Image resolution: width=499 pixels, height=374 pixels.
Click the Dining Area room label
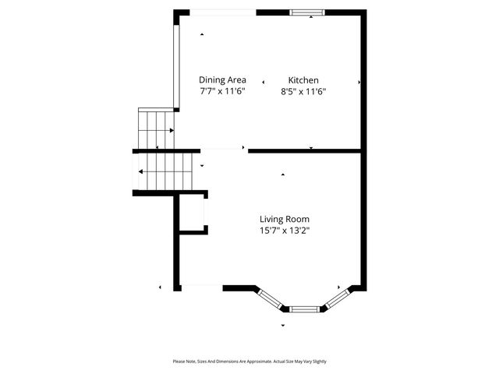[x=222, y=80]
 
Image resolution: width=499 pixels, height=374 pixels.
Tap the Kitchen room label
[x=303, y=80]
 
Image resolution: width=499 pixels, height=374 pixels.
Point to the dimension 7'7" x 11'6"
[x=222, y=91]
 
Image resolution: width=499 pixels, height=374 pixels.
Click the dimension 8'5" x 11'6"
[x=303, y=91]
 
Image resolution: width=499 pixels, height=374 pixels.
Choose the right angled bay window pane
[x=337, y=298]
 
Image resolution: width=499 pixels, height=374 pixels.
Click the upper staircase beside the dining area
[x=155, y=128]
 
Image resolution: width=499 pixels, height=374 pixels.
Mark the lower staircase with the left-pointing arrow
[x=165, y=171]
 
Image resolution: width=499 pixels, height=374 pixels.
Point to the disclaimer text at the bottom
[x=249, y=362]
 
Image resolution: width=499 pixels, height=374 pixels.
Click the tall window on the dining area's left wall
[x=176, y=70]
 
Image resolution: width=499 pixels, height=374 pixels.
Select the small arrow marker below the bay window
[x=282, y=325]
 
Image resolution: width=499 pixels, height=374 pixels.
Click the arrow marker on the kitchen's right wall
[x=359, y=82]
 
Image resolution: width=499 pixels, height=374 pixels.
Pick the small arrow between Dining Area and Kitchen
[x=264, y=81]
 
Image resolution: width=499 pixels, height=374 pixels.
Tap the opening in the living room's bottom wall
[x=202, y=287]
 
